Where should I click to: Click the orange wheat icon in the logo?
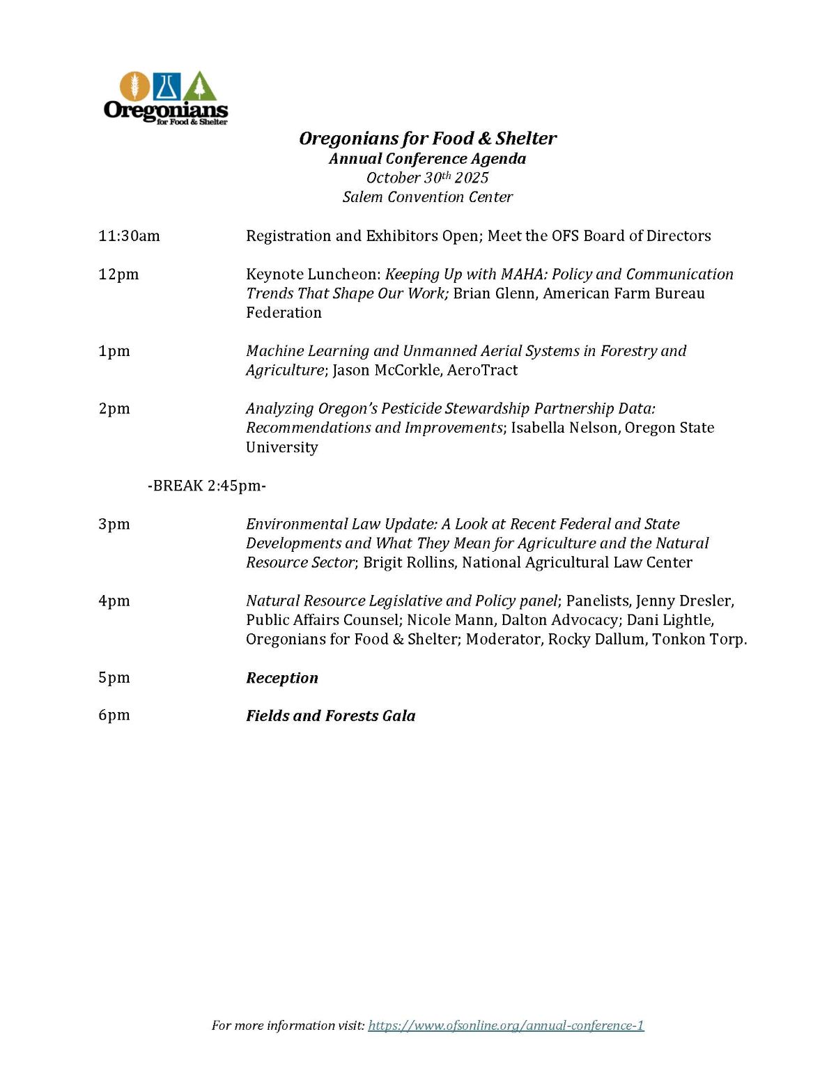tap(134, 86)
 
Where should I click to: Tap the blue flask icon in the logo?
tap(167, 86)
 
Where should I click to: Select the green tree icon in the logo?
tap(201, 87)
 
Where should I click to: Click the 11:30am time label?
tap(129, 236)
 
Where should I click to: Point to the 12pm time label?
tap(118, 275)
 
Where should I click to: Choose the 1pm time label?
tap(114, 351)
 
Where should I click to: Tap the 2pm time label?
tap(114, 409)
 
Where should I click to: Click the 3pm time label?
tap(114, 524)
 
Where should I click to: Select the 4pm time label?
tap(114, 601)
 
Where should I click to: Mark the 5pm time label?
tap(114, 678)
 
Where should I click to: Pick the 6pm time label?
tap(114, 716)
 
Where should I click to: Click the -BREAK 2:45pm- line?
tap(207, 486)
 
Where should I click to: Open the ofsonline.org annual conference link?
tap(506, 1025)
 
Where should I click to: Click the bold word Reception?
tap(282, 678)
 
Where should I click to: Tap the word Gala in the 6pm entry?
tap(398, 716)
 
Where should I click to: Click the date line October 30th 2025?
tap(428, 178)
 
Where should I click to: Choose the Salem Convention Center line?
tap(428, 197)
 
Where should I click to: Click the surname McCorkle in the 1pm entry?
tap(408, 370)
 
